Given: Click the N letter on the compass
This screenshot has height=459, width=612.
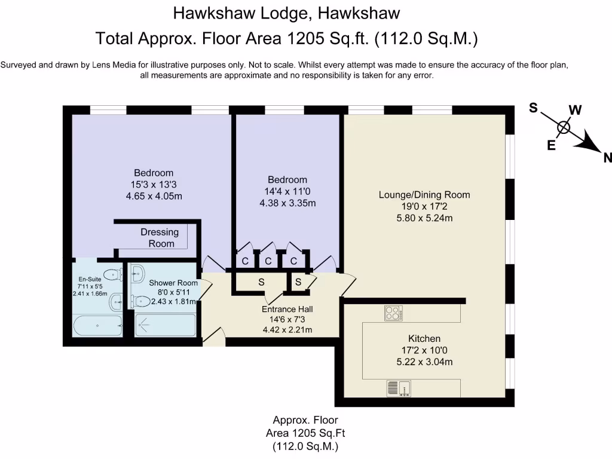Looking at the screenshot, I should [x=607, y=158].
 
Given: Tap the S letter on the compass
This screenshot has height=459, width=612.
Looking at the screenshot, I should [x=534, y=108].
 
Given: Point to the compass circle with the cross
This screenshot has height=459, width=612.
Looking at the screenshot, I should [x=563, y=128].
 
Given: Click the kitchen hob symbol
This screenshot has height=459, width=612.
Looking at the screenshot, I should [x=393, y=313].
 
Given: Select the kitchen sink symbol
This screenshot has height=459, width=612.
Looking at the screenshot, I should [x=398, y=388].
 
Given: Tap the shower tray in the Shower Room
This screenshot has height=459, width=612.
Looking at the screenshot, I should [x=165, y=325].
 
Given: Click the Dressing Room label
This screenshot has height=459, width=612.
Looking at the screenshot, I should [x=160, y=237].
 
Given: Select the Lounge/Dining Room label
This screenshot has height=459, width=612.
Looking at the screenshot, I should [x=424, y=195].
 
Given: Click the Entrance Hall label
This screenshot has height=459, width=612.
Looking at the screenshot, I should [x=287, y=309].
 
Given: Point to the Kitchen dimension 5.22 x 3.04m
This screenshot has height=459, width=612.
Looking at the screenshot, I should [x=424, y=362].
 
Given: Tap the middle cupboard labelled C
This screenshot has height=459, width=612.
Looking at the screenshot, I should [x=268, y=261].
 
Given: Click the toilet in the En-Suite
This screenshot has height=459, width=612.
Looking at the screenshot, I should [x=112, y=275].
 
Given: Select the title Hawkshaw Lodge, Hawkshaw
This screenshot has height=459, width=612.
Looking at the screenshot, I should [x=286, y=12].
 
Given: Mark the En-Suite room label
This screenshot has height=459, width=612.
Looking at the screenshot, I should [x=90, y=279].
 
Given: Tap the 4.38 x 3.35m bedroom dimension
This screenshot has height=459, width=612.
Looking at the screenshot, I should [x=287, y=203].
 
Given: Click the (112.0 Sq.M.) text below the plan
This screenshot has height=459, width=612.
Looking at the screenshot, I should [x=305, y=446].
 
